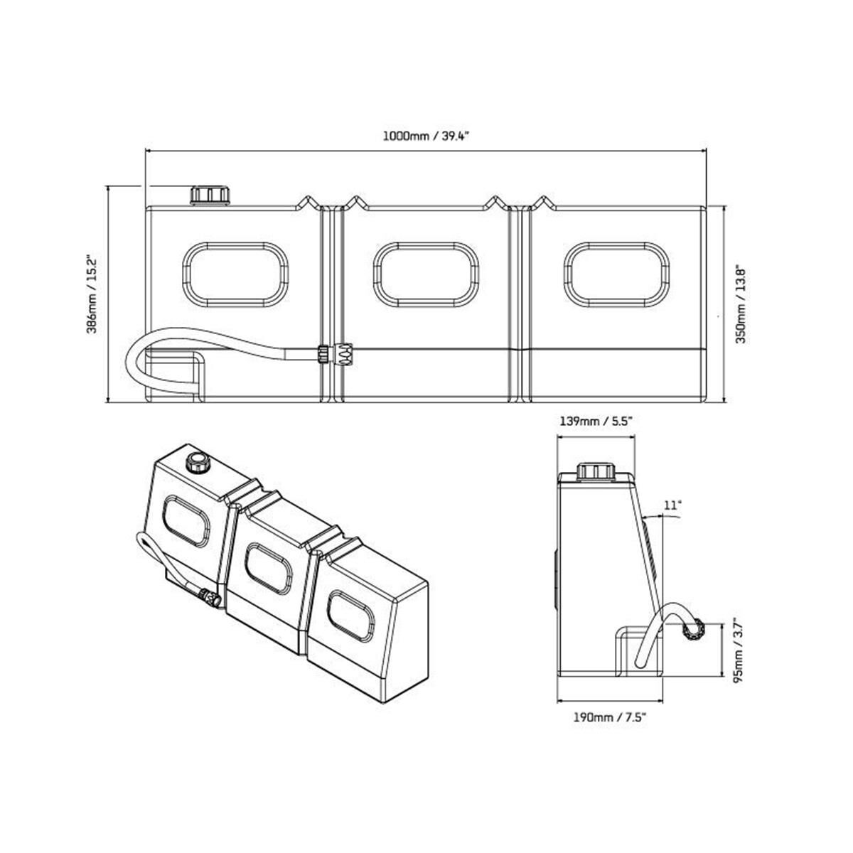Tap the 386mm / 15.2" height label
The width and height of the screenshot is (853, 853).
pos(91,294)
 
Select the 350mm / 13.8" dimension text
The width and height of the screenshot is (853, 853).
pos(741,305)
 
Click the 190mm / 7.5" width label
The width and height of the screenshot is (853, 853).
pos(611,717)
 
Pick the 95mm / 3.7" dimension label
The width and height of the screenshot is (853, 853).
pos(741,648)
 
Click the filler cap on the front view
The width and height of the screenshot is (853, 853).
pos(210,195)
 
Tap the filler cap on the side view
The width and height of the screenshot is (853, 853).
pos(595,471)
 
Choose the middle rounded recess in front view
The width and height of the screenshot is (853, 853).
pos(427,275)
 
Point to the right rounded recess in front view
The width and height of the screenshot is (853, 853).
pos(617,275)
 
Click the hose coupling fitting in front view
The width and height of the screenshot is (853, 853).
pos(336,353)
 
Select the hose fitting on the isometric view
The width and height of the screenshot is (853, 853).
pos(210,597)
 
